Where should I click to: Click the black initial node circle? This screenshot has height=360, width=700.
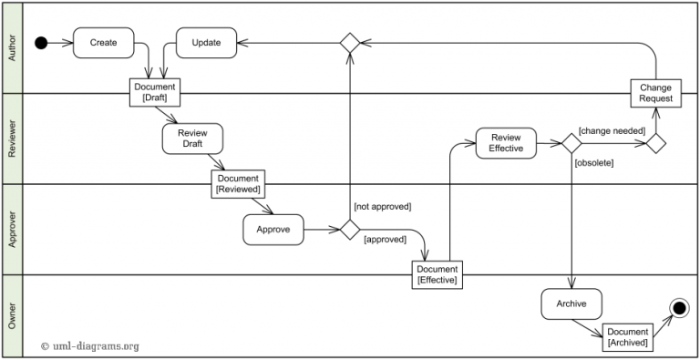(x=41, y=43)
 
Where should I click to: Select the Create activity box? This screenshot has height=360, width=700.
(x=103, y=43)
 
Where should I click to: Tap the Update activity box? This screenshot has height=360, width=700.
(x=205, y=43)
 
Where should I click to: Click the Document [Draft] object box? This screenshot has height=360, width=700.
(x=155, y=93)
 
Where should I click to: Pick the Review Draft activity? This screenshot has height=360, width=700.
(x=192, y=139)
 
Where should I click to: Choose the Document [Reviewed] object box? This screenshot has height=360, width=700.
(x=237, y=184)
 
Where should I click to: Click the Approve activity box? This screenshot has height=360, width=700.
(x=273, y=230)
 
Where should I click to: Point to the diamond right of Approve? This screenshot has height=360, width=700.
(x=350, y=230)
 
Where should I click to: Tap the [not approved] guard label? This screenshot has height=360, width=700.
(x=382, y=206)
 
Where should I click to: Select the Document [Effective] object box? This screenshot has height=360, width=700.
(x=437, y=274)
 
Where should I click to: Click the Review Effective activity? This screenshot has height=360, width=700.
(x=506, y=143)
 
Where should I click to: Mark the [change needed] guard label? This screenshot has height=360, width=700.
(x=612, y=131)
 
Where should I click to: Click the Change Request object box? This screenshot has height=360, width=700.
(x=655, y=93)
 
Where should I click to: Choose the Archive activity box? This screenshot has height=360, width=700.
(x=571, y=303)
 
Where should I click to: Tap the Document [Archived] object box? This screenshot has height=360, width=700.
(x=627, y=337)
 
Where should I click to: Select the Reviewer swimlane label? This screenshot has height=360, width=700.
(x=12, y=139)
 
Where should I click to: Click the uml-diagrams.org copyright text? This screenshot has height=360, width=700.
(x=90, y=345)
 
